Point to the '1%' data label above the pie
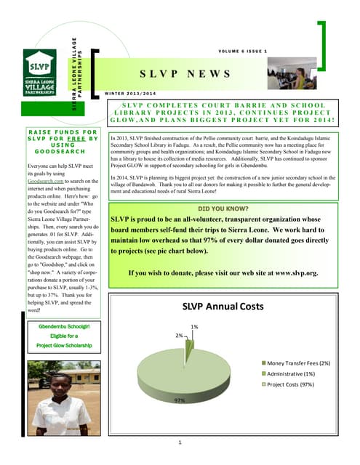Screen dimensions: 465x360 (194, 327)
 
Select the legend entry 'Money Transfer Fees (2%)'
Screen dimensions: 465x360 (298, 362)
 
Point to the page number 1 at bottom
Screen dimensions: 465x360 (180, 442)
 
